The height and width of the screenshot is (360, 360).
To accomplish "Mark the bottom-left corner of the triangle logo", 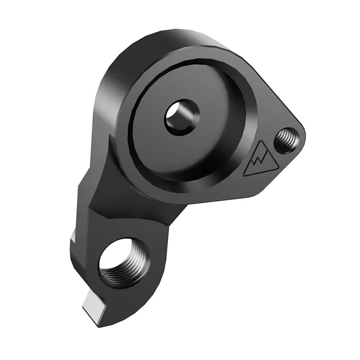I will pyautogui.click(x=246, y=174).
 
